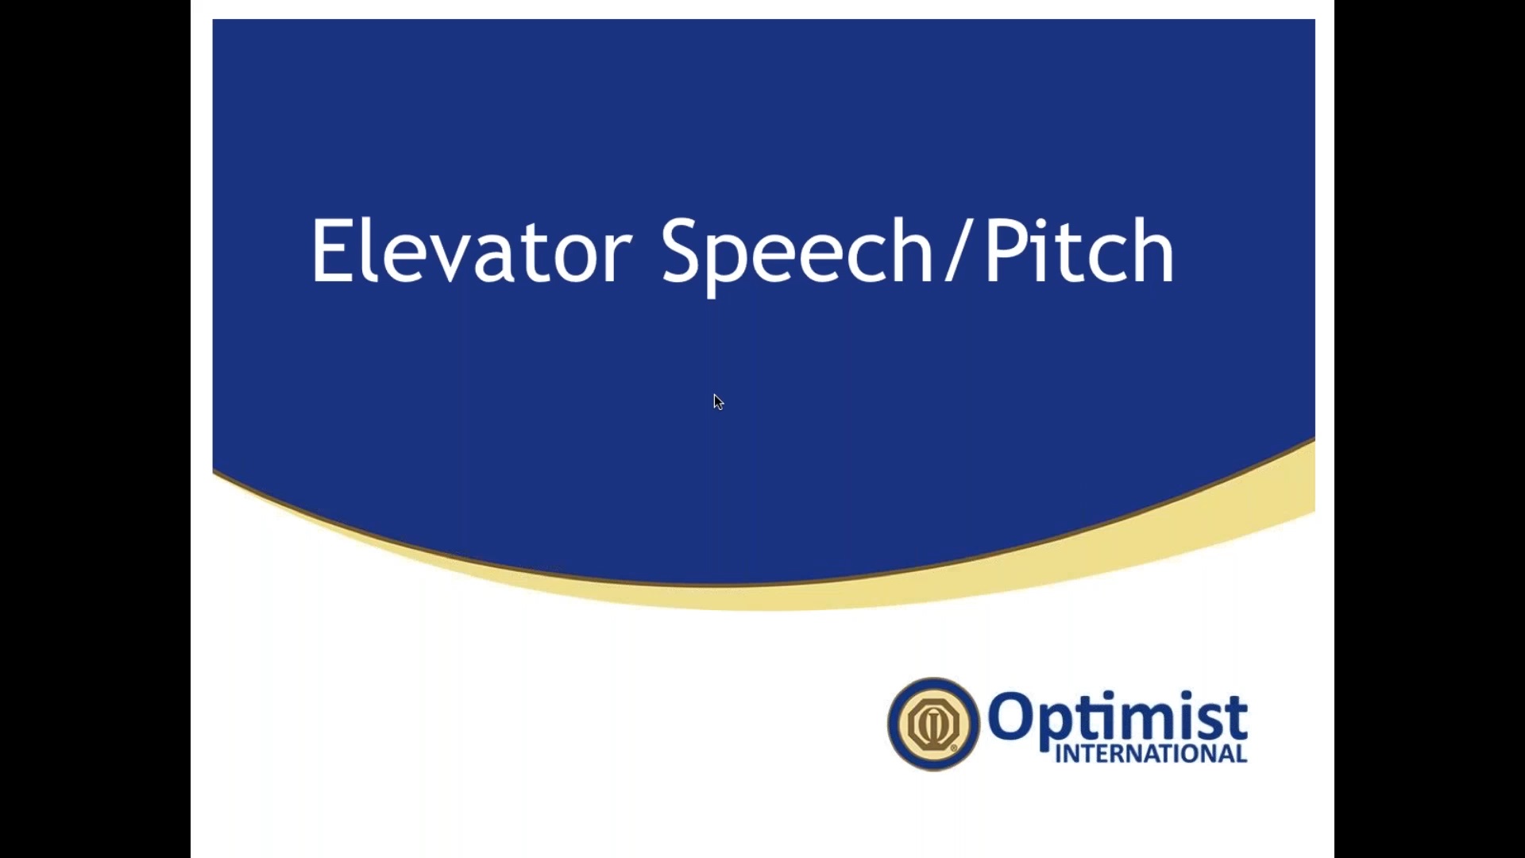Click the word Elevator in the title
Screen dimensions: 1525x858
[x=472, y=250]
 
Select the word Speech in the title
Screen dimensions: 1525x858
[x=797, y=256]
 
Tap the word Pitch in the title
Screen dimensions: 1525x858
[x=1079, y=250]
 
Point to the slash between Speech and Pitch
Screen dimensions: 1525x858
[x=959, y=250]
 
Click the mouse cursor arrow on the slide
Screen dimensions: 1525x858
[x=718, y=402]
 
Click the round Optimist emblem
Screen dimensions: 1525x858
[x=933, y=724]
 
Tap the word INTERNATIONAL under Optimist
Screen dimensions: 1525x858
[x=1151, y=754]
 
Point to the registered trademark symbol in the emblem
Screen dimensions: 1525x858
[x=954, y=748]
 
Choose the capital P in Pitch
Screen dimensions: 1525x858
[x=1005, y=251]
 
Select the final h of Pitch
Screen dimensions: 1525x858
[x=1155, y=250]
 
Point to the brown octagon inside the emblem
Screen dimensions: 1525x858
[x=933, y=724]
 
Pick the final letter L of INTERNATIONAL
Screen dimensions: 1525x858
[x=1241, y=754]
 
